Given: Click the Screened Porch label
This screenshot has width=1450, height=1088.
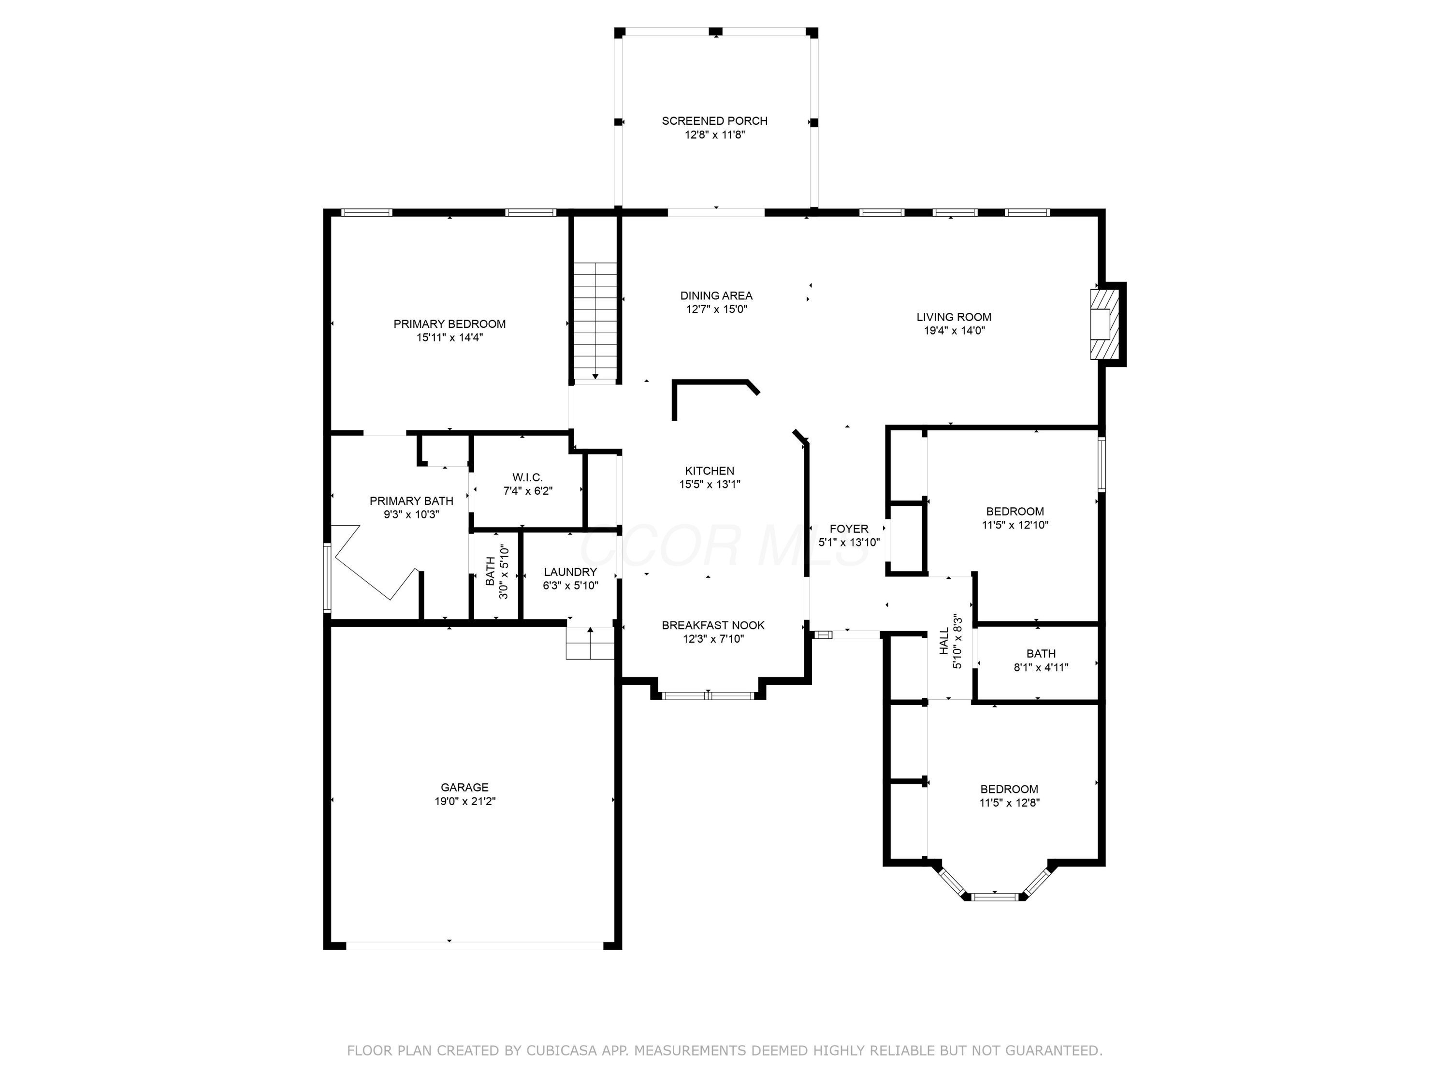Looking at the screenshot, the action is [x=714, y=121].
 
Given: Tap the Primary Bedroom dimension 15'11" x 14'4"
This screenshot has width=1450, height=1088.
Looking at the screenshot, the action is [x=449, y=338].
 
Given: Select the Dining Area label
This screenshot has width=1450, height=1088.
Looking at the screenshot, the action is [x=716, y=296].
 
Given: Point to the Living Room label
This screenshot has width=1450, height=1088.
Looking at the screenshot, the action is [x=954, y=317].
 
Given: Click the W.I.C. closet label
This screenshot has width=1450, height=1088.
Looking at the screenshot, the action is [x=528, y=477].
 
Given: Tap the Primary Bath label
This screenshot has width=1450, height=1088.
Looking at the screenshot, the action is [x=412, y=501].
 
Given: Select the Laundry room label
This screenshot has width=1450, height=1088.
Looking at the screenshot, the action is [x=570, y=572].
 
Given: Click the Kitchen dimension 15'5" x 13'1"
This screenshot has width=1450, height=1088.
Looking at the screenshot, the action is [x=710, y=485].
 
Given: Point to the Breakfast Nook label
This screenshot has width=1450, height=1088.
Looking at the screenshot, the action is [x=713, y=626].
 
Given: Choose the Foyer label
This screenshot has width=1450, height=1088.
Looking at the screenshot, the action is [x=849, y=529].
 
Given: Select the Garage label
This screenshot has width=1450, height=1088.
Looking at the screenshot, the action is [x=465, y=788].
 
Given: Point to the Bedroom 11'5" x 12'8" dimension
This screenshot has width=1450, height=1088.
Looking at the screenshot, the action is [x=1010, y=803].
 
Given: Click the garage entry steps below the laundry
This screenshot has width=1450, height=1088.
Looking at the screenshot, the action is [x=590, y=643].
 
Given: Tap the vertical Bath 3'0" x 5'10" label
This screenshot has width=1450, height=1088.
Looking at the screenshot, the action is [x=497, y=572].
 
